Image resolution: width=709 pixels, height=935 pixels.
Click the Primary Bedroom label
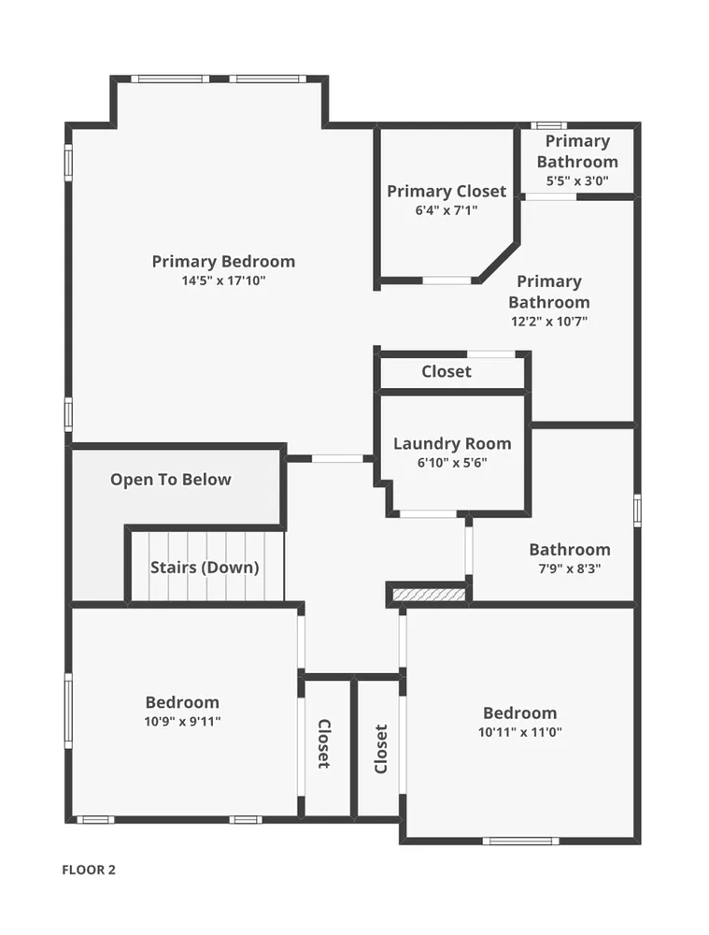[223, 261]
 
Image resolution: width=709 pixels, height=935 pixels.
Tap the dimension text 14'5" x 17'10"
[223, 280]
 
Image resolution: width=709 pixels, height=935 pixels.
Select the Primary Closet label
[447, 191]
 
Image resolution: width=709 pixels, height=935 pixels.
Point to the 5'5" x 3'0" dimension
[577, 180]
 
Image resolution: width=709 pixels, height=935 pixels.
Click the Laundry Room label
[452, 443]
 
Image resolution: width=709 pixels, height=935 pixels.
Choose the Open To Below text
[170, 480]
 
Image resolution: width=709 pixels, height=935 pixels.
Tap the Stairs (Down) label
[205, 568]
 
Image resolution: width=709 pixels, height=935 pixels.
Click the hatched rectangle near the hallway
[429, 595]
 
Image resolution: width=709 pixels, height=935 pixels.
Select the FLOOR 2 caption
[89, 870]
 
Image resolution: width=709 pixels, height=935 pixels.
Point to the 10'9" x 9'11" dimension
[182, 722]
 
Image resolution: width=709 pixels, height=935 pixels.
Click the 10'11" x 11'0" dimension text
[520, 732]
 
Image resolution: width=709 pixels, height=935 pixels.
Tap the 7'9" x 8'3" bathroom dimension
[570, 568]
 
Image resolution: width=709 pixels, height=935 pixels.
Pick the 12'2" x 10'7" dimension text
[549, 322]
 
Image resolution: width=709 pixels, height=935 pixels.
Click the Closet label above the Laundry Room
[447, 371]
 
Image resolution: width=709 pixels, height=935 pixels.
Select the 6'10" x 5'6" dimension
[452, 463]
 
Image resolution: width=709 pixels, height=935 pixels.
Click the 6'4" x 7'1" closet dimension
[447, 210]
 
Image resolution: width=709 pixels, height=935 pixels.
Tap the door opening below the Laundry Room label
[428, 514]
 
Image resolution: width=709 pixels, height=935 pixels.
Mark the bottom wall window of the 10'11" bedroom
[520, 841]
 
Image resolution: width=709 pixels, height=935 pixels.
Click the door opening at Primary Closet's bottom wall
[447, 280]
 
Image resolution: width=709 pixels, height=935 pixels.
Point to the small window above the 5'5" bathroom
[548, 126]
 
